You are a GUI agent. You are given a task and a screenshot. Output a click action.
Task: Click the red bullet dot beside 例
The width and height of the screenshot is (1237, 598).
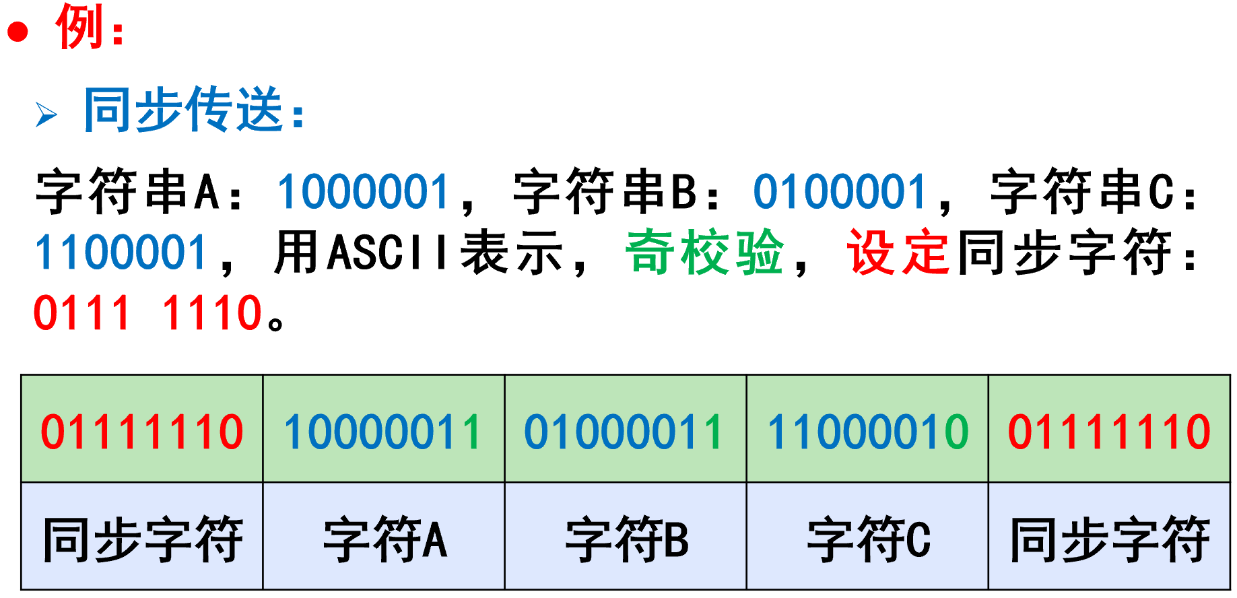click(x=18, y=32)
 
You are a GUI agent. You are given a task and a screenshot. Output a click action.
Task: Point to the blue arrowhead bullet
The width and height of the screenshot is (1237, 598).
click(x=46, y=114)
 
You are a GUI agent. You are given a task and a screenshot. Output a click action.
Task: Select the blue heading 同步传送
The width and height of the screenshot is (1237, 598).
click(x=183, y=110)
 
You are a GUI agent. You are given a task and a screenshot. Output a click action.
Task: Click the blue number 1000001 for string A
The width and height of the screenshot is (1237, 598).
click(x=363, y=192)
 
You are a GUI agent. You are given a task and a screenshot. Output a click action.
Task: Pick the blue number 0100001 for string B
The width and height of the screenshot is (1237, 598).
click(x=840, y=192)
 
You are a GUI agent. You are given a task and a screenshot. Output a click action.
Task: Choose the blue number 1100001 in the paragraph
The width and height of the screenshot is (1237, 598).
click(x=121, y=253)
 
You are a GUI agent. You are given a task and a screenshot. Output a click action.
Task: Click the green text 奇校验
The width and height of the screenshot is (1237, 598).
click(x=704, y=253)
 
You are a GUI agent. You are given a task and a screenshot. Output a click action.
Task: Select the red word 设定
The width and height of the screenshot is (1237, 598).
click(x=898, y=253)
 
